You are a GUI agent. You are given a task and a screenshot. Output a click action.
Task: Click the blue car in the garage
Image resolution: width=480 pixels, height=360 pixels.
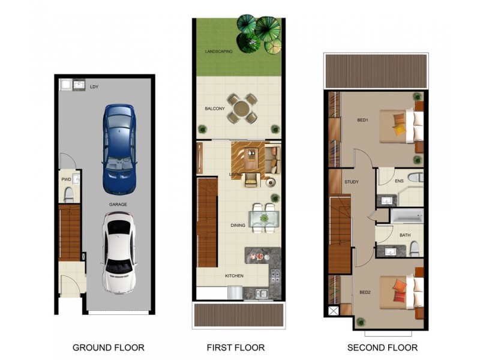[x=119, y=149]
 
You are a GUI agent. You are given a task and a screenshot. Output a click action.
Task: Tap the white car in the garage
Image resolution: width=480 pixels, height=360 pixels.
[x=119, y=253]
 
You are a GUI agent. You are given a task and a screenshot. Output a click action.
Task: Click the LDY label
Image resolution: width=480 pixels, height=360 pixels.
[x=94, y=87]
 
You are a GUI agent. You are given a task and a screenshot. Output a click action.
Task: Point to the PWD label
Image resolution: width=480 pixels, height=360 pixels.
[x=66, y=179]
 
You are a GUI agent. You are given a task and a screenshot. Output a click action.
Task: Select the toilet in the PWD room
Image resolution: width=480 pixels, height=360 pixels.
[x=68, y=195]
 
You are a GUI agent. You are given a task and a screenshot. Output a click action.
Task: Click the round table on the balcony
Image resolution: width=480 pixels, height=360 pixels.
[x=242, y=109]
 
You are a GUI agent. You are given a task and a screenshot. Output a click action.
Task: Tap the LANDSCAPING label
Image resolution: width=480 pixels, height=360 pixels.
[x=218, y=52]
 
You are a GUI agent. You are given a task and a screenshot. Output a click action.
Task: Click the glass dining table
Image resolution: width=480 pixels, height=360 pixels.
[x=264, y=218]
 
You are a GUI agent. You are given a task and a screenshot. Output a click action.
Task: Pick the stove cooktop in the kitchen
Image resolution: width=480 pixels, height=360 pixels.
[x=275, y=275]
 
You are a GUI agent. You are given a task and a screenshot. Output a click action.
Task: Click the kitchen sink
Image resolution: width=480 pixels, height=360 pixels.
[x=262, y=293]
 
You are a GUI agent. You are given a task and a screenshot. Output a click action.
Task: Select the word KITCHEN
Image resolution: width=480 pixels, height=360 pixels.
[x=234, y=276]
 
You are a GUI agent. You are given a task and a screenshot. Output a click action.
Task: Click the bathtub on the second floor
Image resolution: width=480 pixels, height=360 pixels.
[x=407, y=216]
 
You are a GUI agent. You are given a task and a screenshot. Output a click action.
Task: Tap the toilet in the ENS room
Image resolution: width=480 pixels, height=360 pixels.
[x=416, y=178]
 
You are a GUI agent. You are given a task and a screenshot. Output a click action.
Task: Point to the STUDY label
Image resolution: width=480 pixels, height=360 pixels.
[x=352, y=182]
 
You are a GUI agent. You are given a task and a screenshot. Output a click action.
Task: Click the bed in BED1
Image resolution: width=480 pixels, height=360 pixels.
[x=401, y=126]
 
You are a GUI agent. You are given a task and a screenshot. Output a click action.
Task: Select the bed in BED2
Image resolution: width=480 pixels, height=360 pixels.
[x=401, y=292]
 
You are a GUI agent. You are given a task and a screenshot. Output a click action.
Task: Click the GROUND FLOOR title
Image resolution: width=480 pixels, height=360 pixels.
[x=109, y=348]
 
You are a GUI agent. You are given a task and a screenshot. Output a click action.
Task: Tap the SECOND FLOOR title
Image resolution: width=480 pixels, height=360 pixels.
[x=382, y=348]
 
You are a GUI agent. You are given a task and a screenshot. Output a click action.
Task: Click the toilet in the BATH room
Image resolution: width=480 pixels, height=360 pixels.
[x=415, y=249]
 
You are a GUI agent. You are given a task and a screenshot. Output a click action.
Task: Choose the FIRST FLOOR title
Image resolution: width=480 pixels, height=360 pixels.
[x=236, y=348]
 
